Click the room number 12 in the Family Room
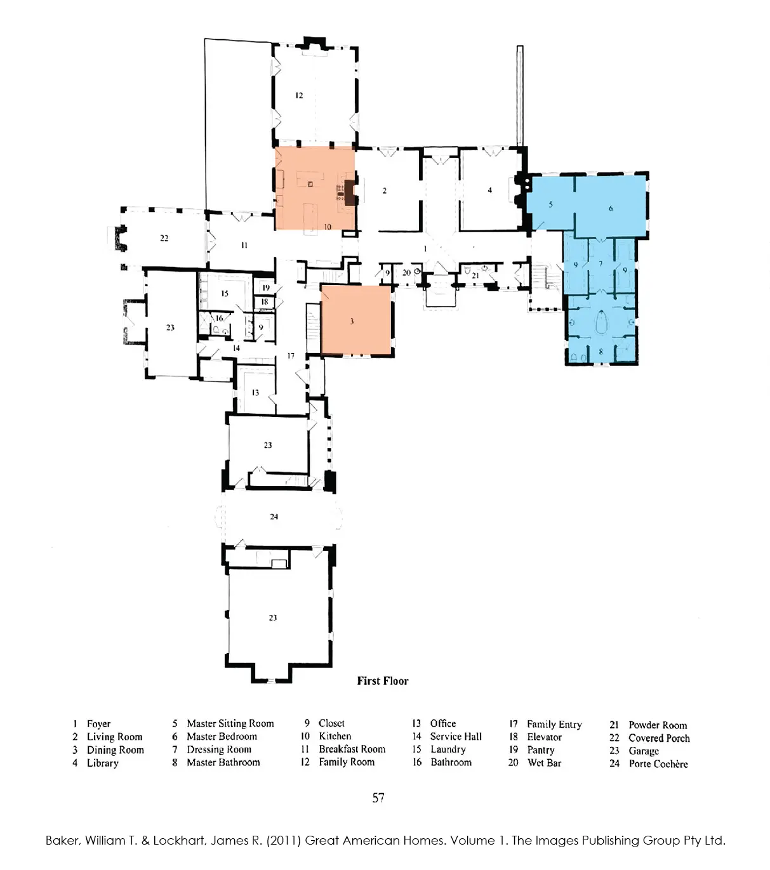[x=299, y=95]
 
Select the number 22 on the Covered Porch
[x=164, y=238]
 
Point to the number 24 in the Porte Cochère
[x=274, y=517]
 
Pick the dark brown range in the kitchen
[x=349, y=190]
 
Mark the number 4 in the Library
[x=489, y=190]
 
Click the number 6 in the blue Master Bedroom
[x=611, y=208]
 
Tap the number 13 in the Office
[x=255, y=392]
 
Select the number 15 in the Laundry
[x=225, y=293]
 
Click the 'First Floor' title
[x=382, y=681]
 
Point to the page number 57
[x=378, y=798]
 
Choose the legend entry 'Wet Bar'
[x=544, y=763]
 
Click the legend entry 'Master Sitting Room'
[x=230, y=723]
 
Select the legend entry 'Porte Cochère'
[x=658, y=763]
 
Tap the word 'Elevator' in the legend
[x=544, y=737]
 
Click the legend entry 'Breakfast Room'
[x=352, y=749]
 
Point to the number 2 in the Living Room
[x=384, y=190]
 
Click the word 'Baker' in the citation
[x=62, y=840]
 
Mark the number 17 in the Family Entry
[x=291, y=355]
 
